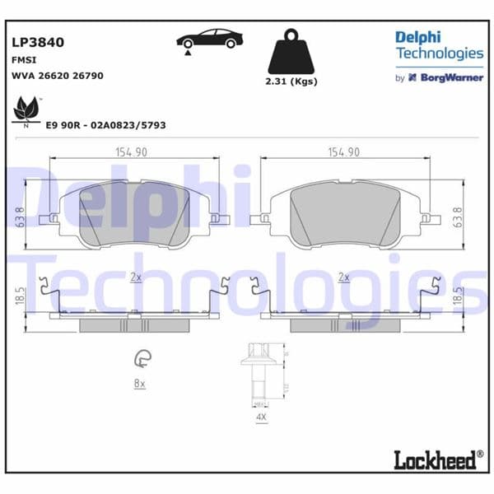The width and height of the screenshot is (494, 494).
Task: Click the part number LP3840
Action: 37,42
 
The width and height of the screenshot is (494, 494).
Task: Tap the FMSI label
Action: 23,59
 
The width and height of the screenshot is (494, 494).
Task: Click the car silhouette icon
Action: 210,39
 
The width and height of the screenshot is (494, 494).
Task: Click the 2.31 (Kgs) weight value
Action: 291,82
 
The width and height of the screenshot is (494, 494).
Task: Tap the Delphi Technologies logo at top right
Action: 439,46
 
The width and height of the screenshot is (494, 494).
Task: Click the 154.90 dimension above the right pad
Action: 345,151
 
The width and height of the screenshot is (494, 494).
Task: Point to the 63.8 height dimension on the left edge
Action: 19,217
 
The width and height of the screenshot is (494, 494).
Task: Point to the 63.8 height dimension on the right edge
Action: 459,217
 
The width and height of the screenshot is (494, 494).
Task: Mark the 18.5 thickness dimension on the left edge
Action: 19,297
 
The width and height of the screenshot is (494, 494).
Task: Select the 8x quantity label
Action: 139,384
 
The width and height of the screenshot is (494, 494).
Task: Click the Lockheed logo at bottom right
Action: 436,459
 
